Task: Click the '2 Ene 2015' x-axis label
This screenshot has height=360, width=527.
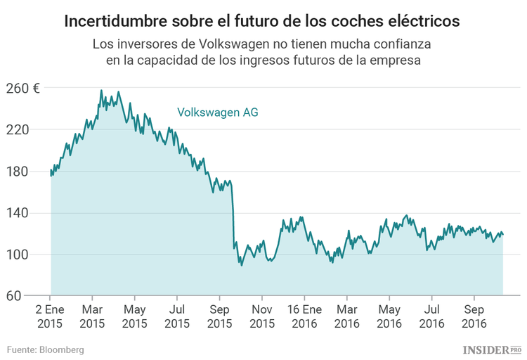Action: [50, 316]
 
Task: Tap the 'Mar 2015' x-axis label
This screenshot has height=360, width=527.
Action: [92, 316]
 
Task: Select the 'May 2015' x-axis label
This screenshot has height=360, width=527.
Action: [134, 316]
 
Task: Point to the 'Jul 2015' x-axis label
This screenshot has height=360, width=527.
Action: [177, 316]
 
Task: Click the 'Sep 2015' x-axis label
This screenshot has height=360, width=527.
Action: [220, 316]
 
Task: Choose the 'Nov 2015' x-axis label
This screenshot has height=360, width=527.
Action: [262, 316]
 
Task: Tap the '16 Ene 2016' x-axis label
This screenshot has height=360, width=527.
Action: [304, 316]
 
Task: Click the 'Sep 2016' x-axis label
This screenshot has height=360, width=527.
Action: [475, 316]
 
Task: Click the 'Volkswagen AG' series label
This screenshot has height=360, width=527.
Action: [217, 112]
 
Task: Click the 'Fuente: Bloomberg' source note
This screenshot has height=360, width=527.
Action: [46, 349]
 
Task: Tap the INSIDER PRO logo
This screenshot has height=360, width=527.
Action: [491, 349]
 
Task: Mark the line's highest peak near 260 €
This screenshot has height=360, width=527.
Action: [101, 91]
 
